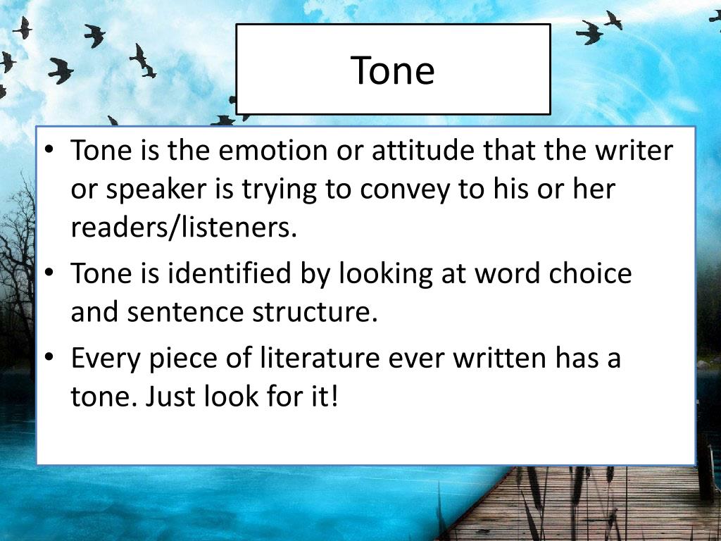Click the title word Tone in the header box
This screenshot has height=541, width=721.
point(392,70)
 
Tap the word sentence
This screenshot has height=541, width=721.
point(185,312)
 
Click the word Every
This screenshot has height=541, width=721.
point(106,359)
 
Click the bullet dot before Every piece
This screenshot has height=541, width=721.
point(49,358)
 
